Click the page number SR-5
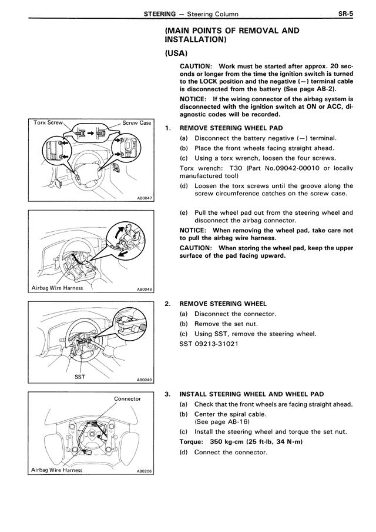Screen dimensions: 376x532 (x=345, y=14)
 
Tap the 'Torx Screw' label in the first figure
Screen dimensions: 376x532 (x=48, y=122)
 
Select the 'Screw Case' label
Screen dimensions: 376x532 (x=136, y=123)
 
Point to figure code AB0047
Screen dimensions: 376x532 (x=145, y=199)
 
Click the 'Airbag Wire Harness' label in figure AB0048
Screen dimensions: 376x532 (x=57, y=288)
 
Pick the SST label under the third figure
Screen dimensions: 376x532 (x=79, y=377)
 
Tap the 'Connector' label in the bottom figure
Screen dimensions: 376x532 (x=127, y=398)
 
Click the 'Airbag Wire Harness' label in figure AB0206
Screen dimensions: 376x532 (x=56, y=470)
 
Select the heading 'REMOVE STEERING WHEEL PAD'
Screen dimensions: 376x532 (x=231, y=128)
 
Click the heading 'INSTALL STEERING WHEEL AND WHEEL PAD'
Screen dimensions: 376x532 (x=251, y=394)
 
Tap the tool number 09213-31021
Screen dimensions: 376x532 (x=216, y=344)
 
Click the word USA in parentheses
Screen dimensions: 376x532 (x=176, y=54)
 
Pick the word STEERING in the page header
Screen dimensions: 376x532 (x=160, y=14)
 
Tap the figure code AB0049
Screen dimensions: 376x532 (x=145, y=381)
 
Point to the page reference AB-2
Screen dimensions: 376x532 (x=327, y=89)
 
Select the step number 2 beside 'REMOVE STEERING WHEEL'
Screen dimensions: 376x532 (x=167, y=304)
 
